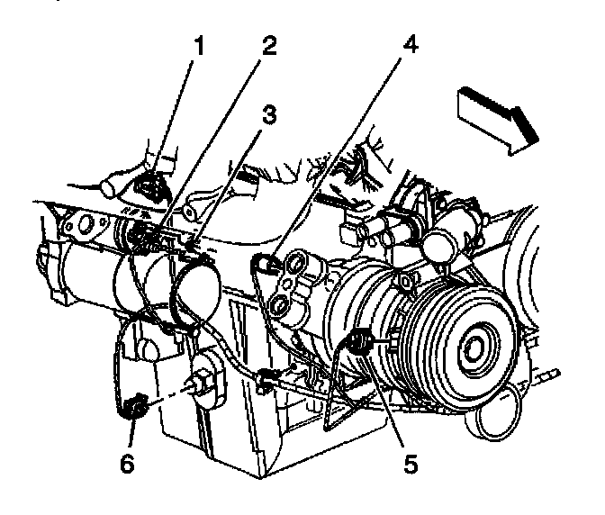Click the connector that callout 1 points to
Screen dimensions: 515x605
coord(150,186)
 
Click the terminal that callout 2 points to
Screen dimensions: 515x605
coord(140,238)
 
